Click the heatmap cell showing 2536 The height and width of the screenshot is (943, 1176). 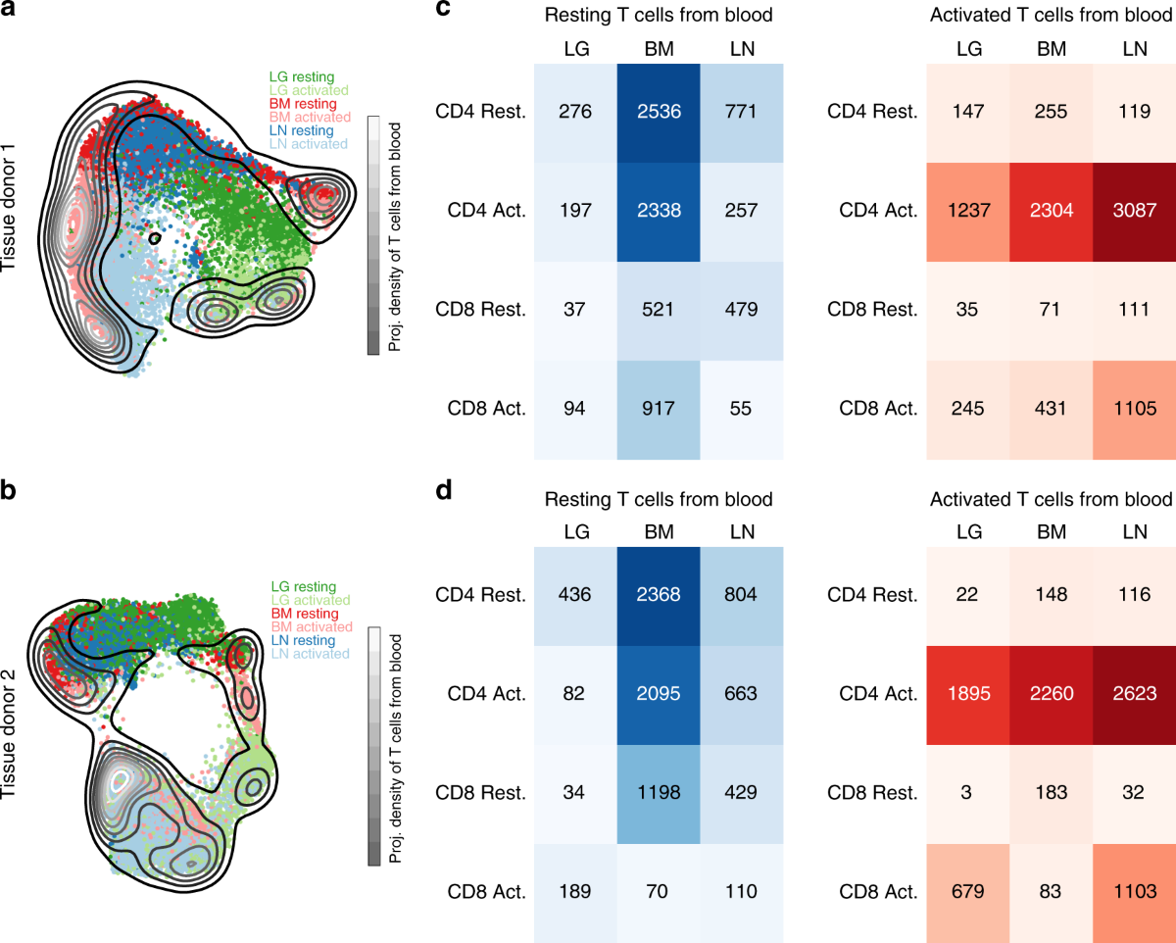click(659, 112)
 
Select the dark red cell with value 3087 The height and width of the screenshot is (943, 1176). click(1134, 211)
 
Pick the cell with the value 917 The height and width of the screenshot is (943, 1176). click(659, 409)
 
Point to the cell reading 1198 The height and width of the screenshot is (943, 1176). click(659, 793)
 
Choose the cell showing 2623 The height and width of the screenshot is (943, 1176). click(1134, 694)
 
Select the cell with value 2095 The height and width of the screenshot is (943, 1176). click(659, 694)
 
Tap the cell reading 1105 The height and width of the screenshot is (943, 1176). click(1134, 409)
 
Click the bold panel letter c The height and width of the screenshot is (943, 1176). click(445, 13)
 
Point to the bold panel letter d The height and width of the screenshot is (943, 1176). click(445, 488)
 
